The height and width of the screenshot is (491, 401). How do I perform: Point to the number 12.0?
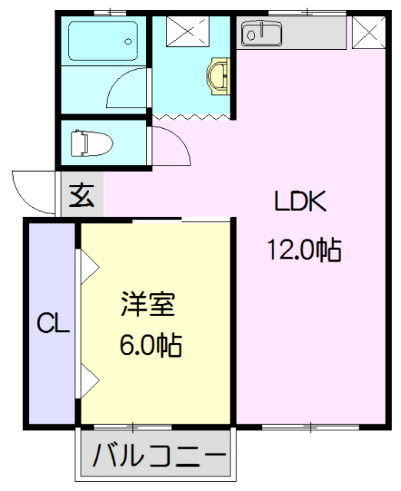coord(288,250)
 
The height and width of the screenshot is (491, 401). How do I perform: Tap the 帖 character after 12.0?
coord(328,250)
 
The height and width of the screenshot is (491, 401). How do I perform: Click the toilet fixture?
coord(91,143)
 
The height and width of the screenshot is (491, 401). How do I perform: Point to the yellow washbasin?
coord(217,75)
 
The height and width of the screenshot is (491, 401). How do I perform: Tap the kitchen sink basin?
coord(261,33)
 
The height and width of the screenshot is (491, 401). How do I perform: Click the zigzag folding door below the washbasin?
coord(192,117)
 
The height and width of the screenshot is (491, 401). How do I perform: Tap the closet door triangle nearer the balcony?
coord(88,377)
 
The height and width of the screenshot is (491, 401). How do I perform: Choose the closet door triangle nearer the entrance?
coord(88,265)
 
